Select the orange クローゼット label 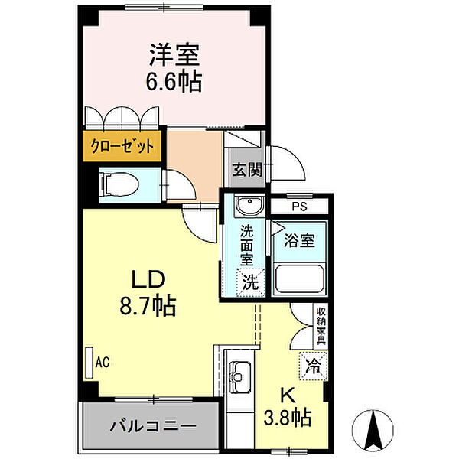[x=122, y=145]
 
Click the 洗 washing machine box [x=250, y=282]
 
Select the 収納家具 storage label [x=322, y=325]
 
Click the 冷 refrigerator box [x=313, y=365]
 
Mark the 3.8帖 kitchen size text [x=288, y=418]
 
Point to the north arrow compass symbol [x=374, y=431]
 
